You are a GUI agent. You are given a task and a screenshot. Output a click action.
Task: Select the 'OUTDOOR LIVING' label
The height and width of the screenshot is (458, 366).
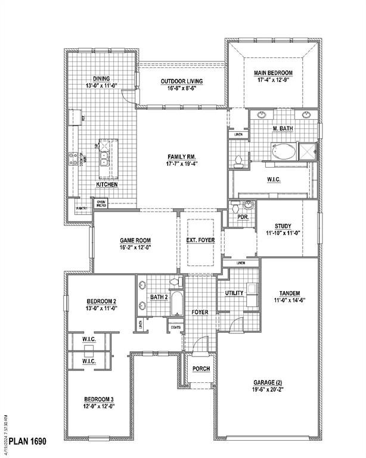click(182, 81)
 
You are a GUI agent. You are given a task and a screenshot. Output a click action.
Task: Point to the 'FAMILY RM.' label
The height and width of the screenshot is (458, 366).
click(182, 156)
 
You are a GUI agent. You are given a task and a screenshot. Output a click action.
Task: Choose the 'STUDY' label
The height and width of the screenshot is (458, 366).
click(283, 226)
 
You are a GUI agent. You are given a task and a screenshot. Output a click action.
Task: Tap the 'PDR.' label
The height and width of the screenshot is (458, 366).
click(243, 217)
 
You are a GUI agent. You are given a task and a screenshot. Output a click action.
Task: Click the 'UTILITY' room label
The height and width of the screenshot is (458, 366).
click(234, 293)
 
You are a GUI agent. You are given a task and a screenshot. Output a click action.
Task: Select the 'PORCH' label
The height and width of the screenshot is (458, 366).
click(201, 369)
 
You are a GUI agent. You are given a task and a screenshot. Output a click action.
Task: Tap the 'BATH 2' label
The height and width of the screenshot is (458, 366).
click(159, 296)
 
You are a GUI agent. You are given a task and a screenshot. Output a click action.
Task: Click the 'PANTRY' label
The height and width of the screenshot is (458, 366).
click(82, 208)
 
